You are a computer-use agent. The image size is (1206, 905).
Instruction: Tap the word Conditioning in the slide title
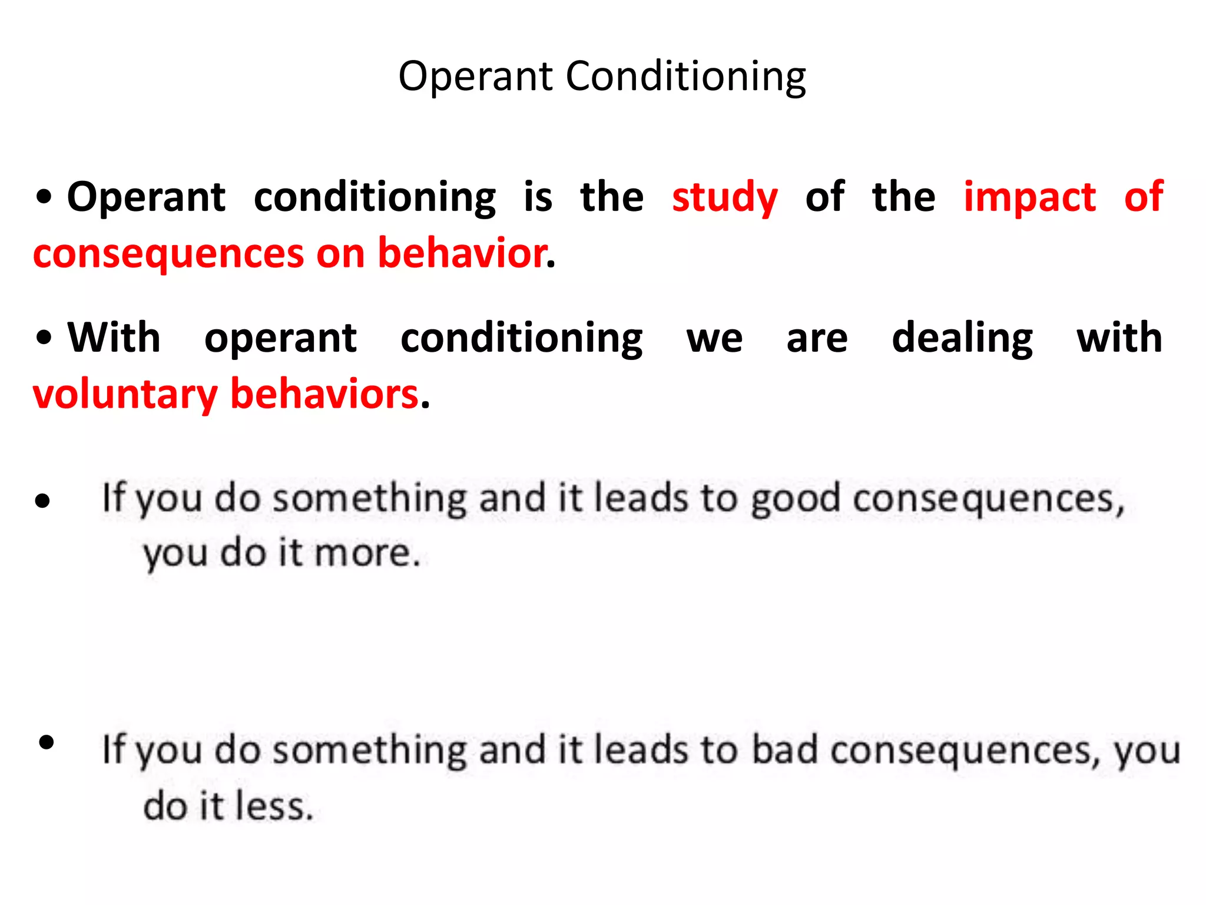[686, 77]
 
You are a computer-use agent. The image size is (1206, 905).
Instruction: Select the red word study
[725, 197]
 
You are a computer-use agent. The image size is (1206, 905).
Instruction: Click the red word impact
[1029, 197]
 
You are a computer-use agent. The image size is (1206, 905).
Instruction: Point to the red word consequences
[168, 254]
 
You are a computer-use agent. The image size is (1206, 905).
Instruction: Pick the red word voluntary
[125, 394]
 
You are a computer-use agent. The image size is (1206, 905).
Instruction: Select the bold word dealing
[962, 338]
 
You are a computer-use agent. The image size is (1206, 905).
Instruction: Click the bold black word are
[817, 339]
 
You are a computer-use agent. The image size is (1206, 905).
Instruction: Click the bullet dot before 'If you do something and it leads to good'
[42, 501]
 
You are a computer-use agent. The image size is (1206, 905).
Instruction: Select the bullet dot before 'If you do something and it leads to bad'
[46, 742]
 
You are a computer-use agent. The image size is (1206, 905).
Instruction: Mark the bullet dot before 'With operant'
[44, 338]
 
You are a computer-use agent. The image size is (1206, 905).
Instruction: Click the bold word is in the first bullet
[538, 197]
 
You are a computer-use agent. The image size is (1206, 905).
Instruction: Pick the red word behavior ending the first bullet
[462, 253]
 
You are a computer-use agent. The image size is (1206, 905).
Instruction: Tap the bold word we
[714, 339]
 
